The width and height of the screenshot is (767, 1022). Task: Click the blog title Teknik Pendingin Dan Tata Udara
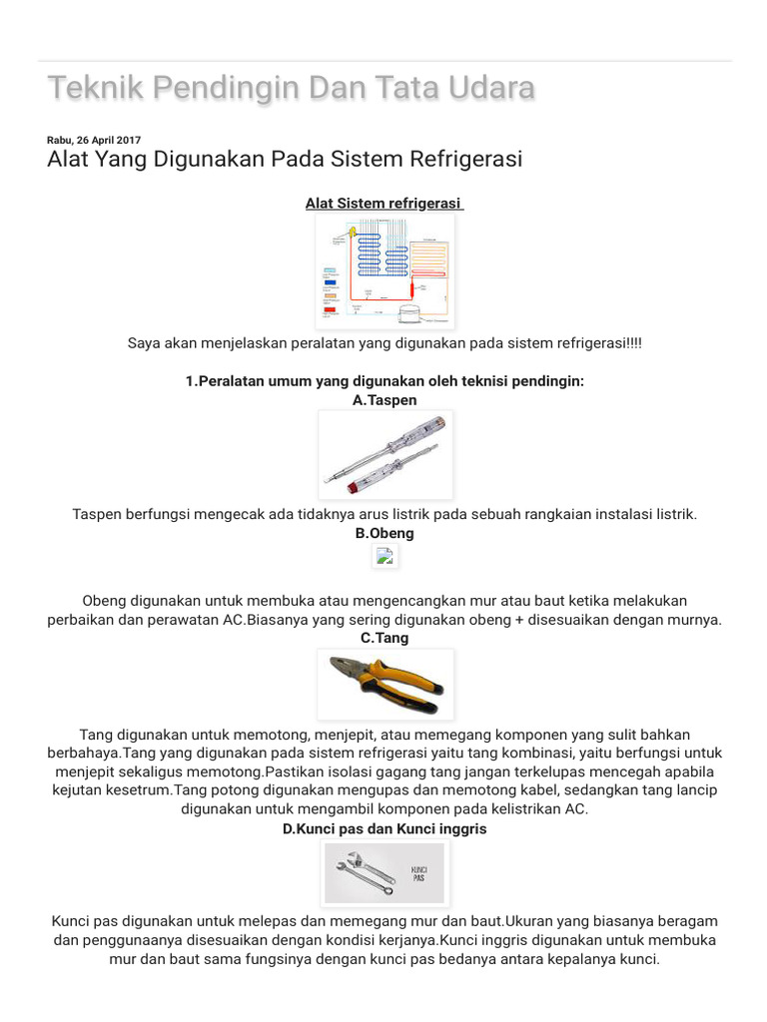coord(292,88)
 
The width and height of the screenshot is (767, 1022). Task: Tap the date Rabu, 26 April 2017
coord(94,140)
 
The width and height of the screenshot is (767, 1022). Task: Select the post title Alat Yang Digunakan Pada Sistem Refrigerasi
coord(285,160)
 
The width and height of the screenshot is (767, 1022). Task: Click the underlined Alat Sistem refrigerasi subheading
coord(384,204)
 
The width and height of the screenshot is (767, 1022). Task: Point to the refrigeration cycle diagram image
coord(384,271)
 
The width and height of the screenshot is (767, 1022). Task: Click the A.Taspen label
coord(384,399)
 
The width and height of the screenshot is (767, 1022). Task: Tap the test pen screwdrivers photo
coord(384,455)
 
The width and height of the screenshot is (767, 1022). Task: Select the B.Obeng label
coord(384,533)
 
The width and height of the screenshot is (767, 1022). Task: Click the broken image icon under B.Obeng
coord(384,558)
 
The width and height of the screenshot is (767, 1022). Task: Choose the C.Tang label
coord(384,638)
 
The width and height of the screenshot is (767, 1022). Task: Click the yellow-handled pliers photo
coord(384,685)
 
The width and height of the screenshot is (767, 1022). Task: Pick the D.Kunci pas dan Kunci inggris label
coord(384,828)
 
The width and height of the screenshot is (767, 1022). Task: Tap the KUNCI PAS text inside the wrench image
coord(418,874)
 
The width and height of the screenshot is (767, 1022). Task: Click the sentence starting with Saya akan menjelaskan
coord(384,343)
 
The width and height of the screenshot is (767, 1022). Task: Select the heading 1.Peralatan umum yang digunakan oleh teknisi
coord(384,381)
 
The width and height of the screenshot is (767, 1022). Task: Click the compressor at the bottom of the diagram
coord(410,313)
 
